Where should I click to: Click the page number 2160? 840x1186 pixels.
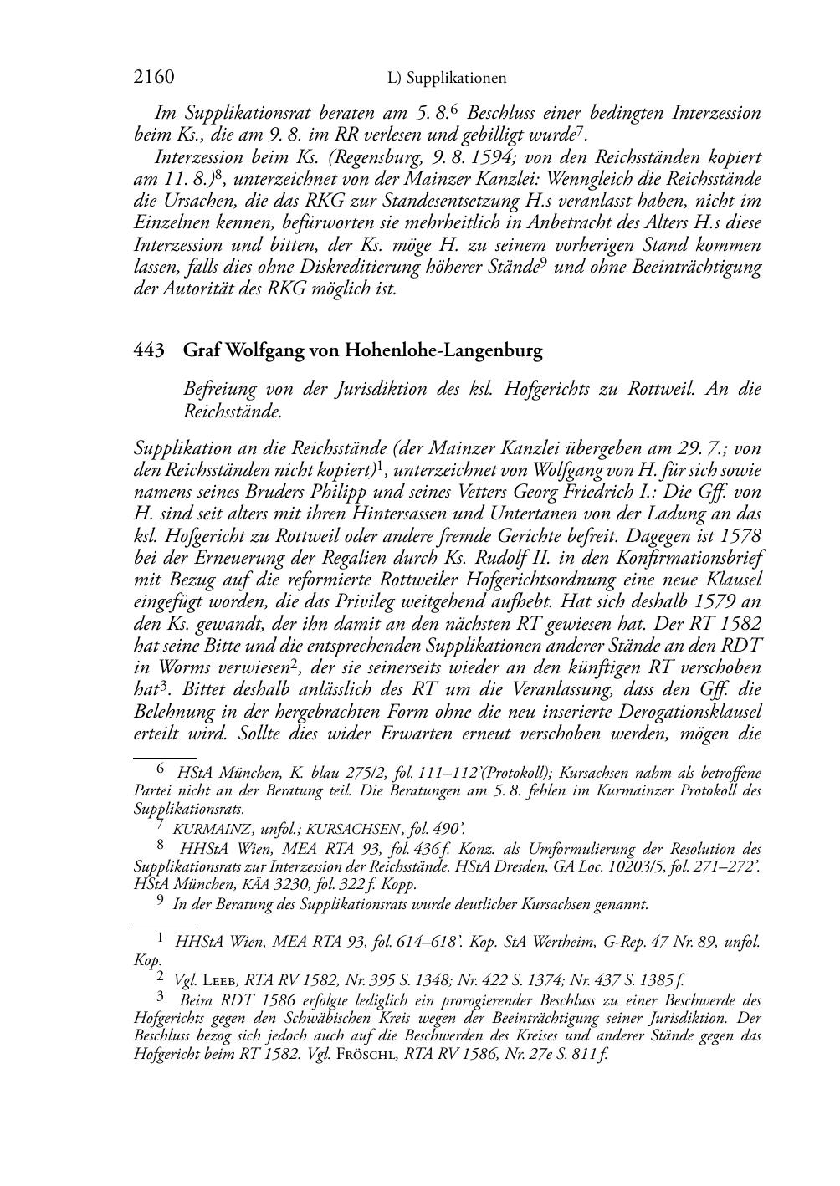pyautogui.click(x=154, y=77)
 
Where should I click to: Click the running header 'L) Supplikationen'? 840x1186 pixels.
pyautogui.click(x=447, y=78)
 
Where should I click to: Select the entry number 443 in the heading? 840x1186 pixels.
pyautogui.click(x=147, y=350)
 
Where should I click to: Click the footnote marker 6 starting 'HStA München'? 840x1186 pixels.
pyautogui.click(x=161, y=772)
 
